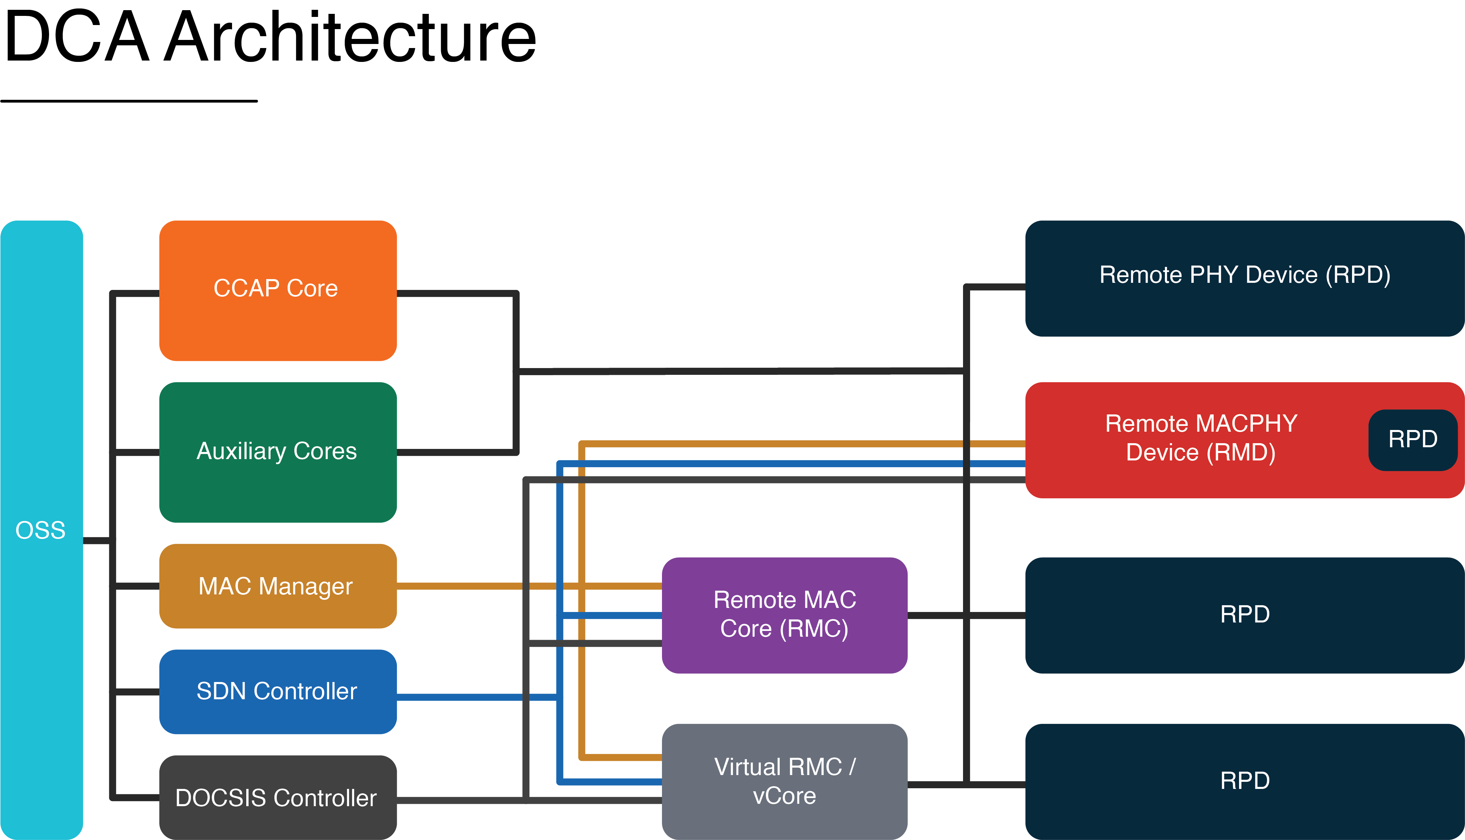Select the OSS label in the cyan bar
point(40,530)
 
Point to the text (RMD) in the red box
point(1241,452)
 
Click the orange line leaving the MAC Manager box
point(461,586)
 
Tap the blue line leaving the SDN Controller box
point(461,697)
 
